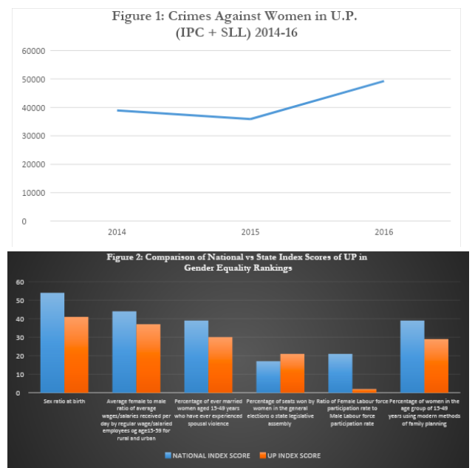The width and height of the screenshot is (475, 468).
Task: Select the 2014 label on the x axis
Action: pos(117,231)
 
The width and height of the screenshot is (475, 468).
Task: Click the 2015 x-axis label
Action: pos(250,231)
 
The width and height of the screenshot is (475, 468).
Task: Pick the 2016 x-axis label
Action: pos(383,231)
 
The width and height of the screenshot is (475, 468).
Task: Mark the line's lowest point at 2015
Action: pos(250,119)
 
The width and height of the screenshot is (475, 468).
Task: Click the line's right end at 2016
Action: pos(383,81)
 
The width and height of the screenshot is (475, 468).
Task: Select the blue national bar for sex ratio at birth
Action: pos(52,343)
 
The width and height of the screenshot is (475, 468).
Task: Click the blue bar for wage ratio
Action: pos(124,352)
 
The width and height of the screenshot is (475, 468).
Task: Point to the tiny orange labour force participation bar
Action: pos(363,390)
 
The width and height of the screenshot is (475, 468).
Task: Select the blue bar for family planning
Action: pos(411,357)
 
